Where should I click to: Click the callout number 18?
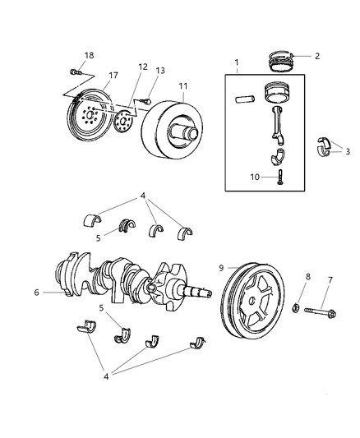click(x=89, y=55)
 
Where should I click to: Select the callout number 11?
click(x=182, y=85)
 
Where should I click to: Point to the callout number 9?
click(x=221, y=267)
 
